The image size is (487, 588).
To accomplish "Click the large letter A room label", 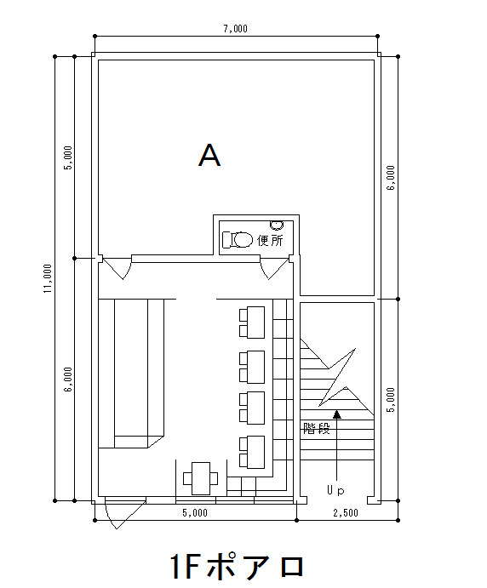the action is (209, 155).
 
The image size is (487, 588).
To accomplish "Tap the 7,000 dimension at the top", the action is (235, 29).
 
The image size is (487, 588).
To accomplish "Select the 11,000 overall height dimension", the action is (48, 278).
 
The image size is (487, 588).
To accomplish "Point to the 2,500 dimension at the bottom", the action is (346, 512).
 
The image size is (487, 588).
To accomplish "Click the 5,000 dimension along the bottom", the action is (195, 512).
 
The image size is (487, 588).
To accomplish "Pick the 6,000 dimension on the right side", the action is (391, 178).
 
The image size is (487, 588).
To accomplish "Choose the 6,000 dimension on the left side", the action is (68, 380).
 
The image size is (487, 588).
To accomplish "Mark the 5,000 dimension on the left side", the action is (68, 157).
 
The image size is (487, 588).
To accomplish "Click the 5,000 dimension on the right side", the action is (391, 400).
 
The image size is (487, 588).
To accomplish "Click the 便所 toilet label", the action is (270, 240).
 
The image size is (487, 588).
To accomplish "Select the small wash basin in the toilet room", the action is (277, 225).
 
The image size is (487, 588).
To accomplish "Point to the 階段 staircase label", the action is (316, 428).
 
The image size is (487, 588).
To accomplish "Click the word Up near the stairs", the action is (335, 490).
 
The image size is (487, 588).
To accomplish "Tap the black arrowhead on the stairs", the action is (337, 414).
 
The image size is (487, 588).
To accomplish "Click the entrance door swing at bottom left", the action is (125, 512).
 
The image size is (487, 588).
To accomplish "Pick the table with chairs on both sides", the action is (201, 478).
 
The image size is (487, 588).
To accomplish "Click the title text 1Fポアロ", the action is (237, 566).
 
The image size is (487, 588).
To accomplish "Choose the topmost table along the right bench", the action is (252, 323).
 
